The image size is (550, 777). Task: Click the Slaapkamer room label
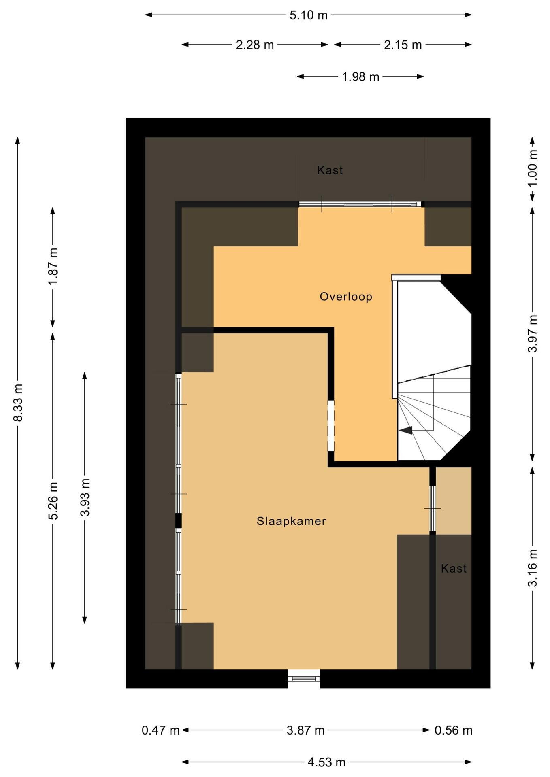pyautogui.click(x=291, y=521)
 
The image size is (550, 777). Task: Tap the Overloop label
pyautogui.click(x=346, y=297)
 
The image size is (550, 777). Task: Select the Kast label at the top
pyautogui.click(x=330, y=170)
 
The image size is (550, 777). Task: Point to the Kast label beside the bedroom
pyautogui.click(x=454, y=569)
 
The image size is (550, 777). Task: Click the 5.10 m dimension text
pyautogui.click(x=309, y=15)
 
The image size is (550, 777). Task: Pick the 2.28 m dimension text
pyautogui.click(x=255, y=45)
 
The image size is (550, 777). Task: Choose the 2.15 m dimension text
pyautogui.click(x=403, y=45)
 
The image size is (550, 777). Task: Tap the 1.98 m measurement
pyautogui.click(x=360, y=77)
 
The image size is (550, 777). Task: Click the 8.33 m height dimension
pyautogui.click(x=18, y=403)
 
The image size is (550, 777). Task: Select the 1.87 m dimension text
pyautogui.click(x=53, y=266)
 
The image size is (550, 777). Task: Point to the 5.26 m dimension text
pyautogui.click(x=53, y=501)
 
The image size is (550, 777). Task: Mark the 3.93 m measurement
pyautogui.click(x=85, y=497)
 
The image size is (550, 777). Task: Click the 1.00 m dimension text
pyautogui.click(x=533, y=168)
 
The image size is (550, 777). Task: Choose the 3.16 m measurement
pyautogui.click(x=533, y=567)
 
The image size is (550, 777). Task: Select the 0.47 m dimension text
pyautogui.click(x=160, y=730)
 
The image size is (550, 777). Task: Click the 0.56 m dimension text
pyautogui.click(x=454, y=730)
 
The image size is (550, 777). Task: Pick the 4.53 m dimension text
pyautogui.click(x=326, y=762)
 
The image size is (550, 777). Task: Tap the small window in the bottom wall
pyautogui.click(x=304, y=679)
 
